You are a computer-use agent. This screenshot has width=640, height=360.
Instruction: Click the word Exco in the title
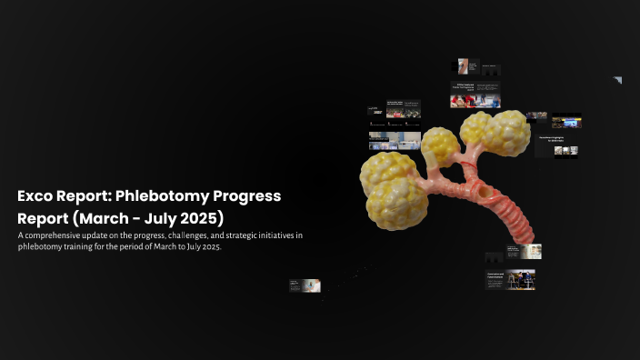(35, 196)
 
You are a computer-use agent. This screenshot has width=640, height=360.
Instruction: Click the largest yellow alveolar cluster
(394, 188)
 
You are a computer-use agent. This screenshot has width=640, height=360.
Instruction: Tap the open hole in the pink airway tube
(484, 192)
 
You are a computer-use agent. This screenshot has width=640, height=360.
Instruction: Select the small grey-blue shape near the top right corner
(617, 81)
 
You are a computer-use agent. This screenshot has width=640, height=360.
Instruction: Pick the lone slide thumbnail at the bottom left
(305, 285)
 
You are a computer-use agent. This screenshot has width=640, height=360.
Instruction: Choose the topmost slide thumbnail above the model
(466, 66)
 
